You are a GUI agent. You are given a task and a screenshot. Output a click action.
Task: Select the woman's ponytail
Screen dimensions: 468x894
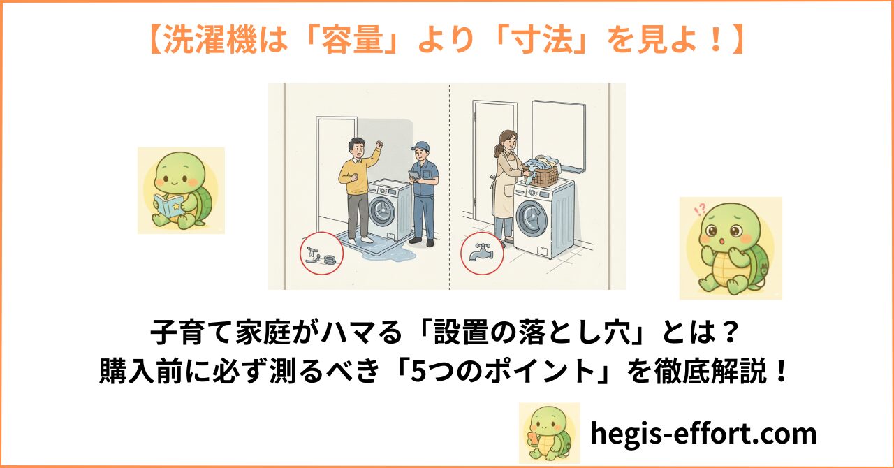[497, 149]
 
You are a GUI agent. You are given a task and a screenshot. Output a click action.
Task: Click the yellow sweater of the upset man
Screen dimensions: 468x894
[356, 175]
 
